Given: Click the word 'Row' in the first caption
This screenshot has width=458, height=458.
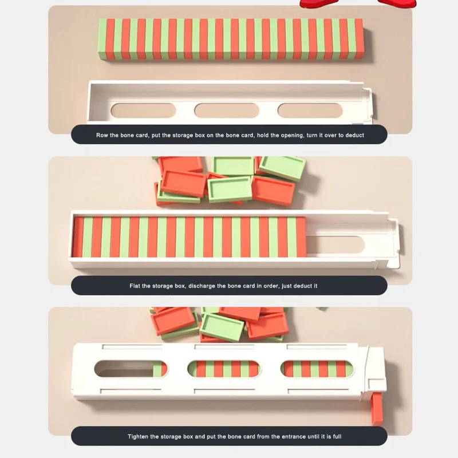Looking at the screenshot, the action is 102,135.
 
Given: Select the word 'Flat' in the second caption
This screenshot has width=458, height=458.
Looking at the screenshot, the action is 135,286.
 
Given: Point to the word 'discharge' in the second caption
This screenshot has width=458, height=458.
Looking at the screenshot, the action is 202,286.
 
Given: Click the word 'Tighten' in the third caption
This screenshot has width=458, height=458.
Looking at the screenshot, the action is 138,437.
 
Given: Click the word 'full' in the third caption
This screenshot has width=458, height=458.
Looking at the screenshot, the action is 337,437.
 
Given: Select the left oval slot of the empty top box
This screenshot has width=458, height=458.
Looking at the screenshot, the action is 144,110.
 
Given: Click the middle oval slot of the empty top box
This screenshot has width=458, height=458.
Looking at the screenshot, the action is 227,110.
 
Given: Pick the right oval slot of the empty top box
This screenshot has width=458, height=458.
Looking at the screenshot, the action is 310,110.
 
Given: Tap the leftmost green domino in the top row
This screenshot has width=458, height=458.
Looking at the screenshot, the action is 102,39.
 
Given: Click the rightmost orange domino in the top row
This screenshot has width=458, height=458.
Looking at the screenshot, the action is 360,39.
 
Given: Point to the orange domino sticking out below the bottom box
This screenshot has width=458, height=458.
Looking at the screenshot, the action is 377,409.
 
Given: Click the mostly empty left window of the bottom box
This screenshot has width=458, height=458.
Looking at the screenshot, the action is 131,369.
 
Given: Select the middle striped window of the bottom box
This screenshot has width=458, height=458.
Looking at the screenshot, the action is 224,369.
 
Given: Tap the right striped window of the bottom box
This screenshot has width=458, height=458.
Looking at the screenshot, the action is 317,369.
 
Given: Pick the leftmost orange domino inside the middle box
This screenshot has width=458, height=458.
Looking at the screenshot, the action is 78,237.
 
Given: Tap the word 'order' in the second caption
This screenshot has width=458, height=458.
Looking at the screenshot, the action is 270,286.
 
